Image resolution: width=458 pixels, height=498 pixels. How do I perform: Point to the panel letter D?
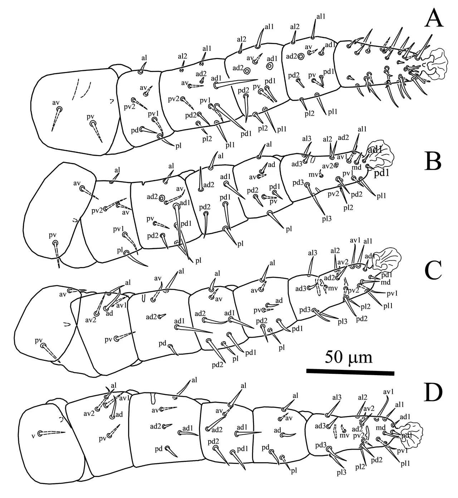click(x=433, y=392)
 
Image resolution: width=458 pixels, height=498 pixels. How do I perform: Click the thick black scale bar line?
click(x=350, y=373)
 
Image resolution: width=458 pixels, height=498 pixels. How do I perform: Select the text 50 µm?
click(x=349, y=358)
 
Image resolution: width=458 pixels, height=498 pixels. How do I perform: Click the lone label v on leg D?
click(x=33, y=436)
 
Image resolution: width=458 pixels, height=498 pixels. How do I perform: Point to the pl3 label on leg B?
click(x=327, y=219)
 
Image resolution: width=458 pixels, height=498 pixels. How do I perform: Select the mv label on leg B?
click(x=313, y=175)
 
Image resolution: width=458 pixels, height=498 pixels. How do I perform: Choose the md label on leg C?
click(x=385, y=282)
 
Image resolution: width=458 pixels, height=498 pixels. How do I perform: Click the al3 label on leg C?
click(x=313, y=253)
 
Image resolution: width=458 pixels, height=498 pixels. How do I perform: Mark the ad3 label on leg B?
click(x=297, y=164)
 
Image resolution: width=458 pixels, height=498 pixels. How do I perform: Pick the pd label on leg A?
click(x=135, y=130)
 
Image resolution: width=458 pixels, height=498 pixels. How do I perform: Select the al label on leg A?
click(x=144, y=58)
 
